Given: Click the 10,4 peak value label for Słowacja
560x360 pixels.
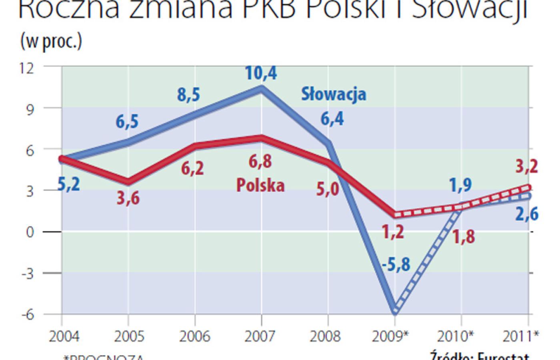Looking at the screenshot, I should [261, 73].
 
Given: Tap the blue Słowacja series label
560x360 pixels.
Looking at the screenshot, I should [334, 94].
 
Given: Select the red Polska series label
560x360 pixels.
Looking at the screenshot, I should [260, 185].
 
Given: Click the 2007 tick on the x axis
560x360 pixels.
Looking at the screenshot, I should [261, 336].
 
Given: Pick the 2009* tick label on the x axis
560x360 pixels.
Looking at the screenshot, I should [396, 336].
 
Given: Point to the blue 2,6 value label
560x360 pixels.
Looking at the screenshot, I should [526, 214].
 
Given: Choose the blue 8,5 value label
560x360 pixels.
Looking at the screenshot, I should [189, 95].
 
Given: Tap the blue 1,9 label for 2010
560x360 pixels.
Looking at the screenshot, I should [460, 185].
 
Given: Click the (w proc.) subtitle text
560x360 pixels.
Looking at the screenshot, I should [51, 42].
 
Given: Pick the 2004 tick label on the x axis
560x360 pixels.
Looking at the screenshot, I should [64, 336].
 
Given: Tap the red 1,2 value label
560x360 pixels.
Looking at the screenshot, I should [393, 232].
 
